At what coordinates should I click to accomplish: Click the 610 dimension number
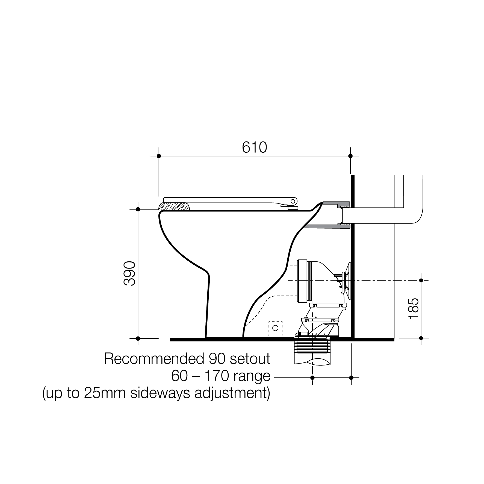[254, 147]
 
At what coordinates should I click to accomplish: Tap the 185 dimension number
[413, 308]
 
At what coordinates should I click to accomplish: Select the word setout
[250, 359]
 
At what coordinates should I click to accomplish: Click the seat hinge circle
[293, 201]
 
